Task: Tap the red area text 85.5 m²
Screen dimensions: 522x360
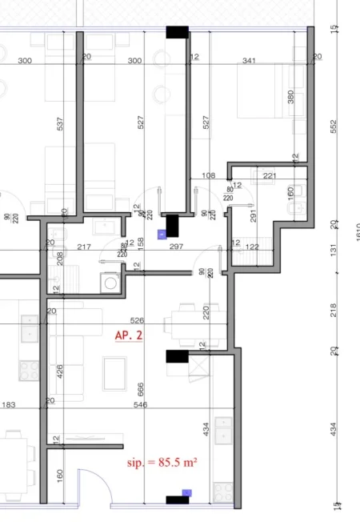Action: pos(162,462)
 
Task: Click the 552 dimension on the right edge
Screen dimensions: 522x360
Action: pos(334,127)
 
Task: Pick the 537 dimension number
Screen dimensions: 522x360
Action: pos(60,124)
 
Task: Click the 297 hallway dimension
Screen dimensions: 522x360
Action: pos(177,247)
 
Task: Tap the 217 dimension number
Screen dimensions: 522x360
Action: pos(82,247)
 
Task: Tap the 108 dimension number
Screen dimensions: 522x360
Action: pos(210,175)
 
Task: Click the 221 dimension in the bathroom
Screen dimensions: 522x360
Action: pos(269,175)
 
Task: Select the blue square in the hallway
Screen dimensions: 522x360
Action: pos(162,235)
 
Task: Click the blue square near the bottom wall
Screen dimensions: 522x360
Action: pos(186,492)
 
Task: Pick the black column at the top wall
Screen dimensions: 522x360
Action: pos(177,32)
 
